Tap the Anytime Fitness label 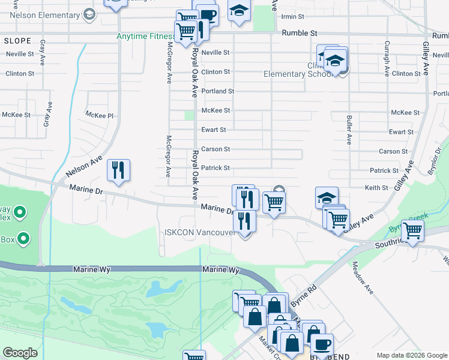click(145, 36)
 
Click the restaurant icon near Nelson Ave click(118, 170)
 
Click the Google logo click(20, 353)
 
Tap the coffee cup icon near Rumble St click(208, 15)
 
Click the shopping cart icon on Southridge click(412, 230)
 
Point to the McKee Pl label click(99, 115)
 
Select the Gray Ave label click(43, 53)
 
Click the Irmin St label click(294, 16)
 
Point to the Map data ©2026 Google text click(411, 355)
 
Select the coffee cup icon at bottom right click(322, 345)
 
